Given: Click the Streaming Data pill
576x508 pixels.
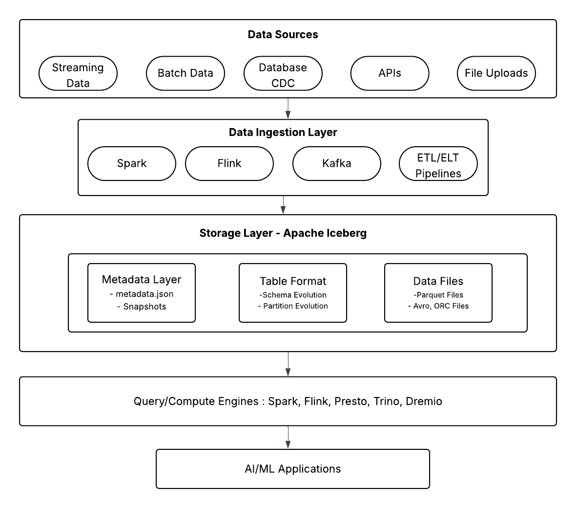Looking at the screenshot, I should [x=78, y=73].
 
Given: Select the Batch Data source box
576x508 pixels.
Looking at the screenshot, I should [x=185, y=73].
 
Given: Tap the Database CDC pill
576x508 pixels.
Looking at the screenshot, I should [x=283, y=73].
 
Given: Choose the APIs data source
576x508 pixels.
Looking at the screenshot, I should [x=390, y=73].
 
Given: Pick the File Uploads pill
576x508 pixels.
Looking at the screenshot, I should [x=496, y=73].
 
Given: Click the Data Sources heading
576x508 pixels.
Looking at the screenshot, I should [x=283, y=35].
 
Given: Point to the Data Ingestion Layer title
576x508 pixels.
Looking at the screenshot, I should [x=283, y=133].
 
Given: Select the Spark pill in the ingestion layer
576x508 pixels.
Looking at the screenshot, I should [x=132, y=163].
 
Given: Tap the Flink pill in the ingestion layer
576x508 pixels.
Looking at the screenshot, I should [x=229, y=163].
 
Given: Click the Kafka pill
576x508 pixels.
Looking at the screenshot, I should [x=336, y=163].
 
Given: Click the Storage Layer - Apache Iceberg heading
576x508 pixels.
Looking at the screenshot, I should [x=283, y=233].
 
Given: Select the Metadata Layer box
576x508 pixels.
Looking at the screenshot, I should [x=142, y=292].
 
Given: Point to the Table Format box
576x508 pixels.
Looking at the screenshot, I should [x=293, y=292].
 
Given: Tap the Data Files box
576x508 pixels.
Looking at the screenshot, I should [x=438, y=292].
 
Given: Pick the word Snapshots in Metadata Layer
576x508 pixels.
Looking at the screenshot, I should [x=144, y=307].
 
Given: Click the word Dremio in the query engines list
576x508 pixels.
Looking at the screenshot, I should [x=424, y=401].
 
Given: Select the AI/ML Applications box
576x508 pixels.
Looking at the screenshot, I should [x=293, y=469].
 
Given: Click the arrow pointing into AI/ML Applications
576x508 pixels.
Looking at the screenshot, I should [x=288, y=438].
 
